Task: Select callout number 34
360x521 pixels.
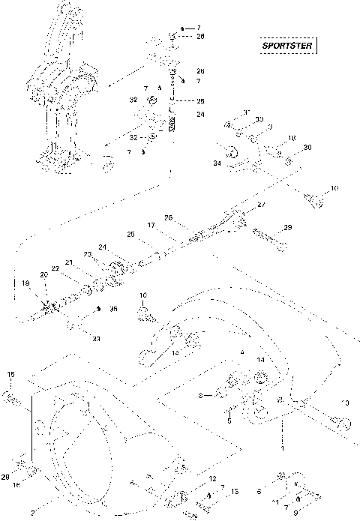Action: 217,162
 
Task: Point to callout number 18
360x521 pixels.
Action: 292,138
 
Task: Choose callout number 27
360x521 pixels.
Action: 261,204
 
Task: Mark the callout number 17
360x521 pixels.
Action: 150,224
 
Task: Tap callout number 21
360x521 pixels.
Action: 68,262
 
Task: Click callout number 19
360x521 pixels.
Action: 25,283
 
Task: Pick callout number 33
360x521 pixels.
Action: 96,338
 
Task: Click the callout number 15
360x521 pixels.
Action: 10,374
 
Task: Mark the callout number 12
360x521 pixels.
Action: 213,478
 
